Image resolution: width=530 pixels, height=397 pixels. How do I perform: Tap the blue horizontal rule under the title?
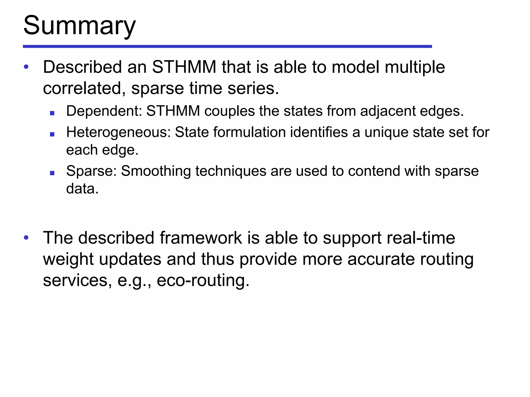(x=227, y=47)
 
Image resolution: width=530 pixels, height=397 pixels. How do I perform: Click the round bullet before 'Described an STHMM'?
(x=26, y=67)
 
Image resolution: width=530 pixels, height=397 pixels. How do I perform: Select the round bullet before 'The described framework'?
(x=26, y=237)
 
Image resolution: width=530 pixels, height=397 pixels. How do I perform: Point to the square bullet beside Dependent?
(x=52, y=113)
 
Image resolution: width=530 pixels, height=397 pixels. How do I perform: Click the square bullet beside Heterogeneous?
(x=52, y=134)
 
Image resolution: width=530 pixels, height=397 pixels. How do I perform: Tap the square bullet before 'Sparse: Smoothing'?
(x=52, y=173)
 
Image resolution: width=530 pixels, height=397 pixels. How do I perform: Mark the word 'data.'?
(x=82, y=189)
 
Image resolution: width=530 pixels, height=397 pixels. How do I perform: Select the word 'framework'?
(x=201, y=238)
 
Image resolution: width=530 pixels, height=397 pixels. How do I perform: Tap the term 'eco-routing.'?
(x=203, y=280)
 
